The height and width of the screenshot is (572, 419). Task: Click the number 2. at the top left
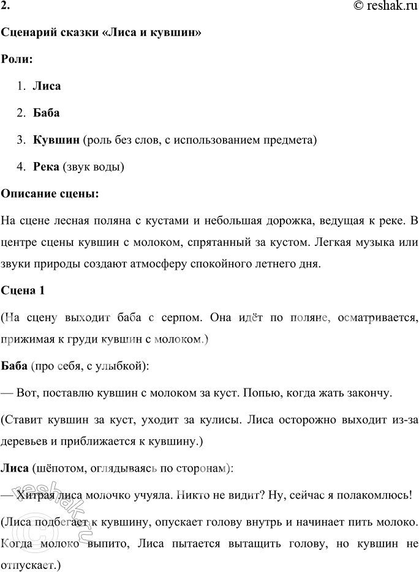point(6,6)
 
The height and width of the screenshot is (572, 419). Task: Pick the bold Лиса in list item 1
point(47,86)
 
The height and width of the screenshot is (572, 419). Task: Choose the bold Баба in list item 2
point(47,113)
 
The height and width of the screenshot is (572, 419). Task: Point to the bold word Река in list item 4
point(47,167)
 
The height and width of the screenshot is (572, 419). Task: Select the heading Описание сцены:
point(50,194)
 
